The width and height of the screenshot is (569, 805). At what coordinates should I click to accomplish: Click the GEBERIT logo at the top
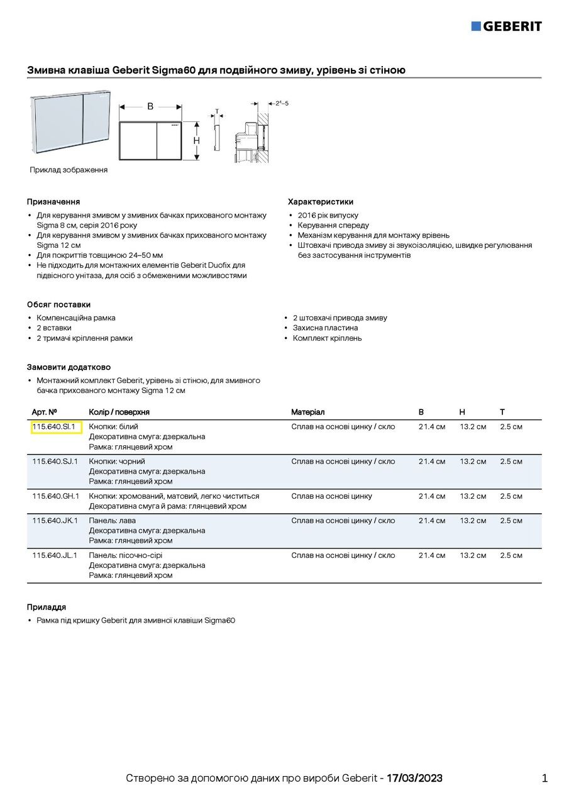[x=506, y=26]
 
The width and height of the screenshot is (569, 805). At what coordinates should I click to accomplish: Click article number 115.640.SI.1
[x=53, y=427]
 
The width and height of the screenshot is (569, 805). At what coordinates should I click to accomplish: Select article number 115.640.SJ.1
[x=55, y=462]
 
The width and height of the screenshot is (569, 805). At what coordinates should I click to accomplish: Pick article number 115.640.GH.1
[x=55, y=496]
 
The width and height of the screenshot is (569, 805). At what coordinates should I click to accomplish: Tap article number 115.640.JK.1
[x=55, y=521]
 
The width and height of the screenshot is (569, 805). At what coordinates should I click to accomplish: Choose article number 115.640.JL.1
[x=55, y=555]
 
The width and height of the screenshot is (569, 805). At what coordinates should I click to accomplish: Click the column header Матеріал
[x=307, y=412]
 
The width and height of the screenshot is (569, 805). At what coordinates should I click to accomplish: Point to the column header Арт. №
[x=44, y=412]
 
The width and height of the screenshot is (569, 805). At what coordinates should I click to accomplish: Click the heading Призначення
[x=53, y=202]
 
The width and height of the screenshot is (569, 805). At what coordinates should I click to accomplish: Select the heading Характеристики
[x=321, y=202]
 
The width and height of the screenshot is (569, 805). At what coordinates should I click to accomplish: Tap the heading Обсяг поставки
[x=58, y=304]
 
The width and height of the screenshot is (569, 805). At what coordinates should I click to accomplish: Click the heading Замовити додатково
[x=69, y=367]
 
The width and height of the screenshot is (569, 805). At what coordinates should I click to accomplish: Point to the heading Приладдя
[x=47, y=608]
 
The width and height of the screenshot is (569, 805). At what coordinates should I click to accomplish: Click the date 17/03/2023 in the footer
[x=414, y=779]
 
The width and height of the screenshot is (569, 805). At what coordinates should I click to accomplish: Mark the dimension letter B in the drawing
[x=150, y=107]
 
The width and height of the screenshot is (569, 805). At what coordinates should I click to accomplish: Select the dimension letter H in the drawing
[x=196, y=141]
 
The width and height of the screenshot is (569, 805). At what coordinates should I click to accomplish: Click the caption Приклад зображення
[x=69, y=170]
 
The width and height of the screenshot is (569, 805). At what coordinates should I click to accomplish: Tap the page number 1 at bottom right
[x=544, y=779]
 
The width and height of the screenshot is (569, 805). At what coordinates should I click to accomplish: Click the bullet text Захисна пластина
[x=325, y=328]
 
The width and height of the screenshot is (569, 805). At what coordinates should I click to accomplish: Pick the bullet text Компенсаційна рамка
[x=76, y=318]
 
